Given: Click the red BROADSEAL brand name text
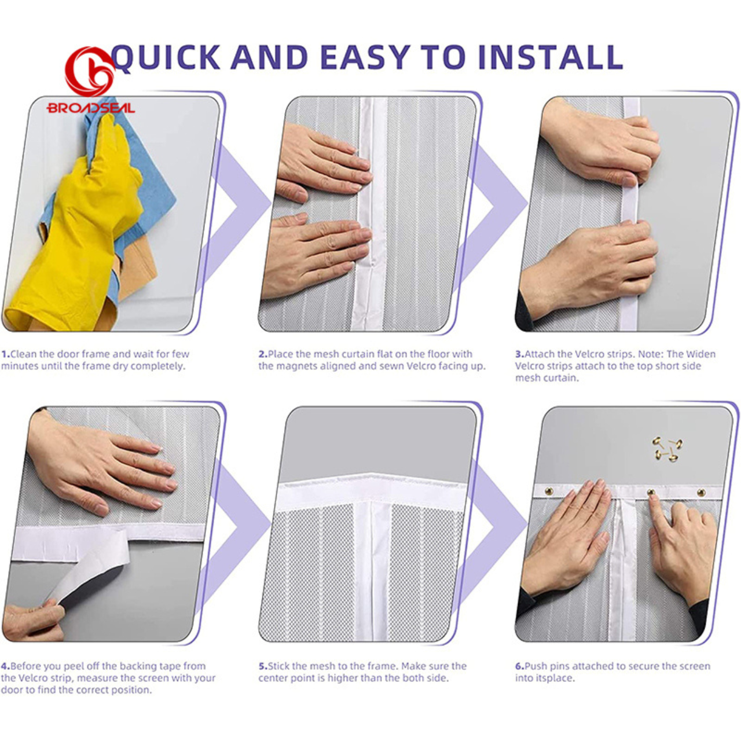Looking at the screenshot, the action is (91, 108).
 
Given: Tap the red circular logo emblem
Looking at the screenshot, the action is (90, 72).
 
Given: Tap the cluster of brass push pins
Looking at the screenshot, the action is (667, 449).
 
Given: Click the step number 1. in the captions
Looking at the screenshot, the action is (5, 354).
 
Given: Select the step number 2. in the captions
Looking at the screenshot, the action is (263, 354).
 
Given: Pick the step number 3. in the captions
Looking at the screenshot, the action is (520, 354).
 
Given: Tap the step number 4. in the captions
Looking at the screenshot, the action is (5, 666).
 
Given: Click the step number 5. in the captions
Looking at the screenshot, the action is (263, 666).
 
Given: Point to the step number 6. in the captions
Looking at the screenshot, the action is (520, 666).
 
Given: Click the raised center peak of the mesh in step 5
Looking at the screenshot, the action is (371, 474).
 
